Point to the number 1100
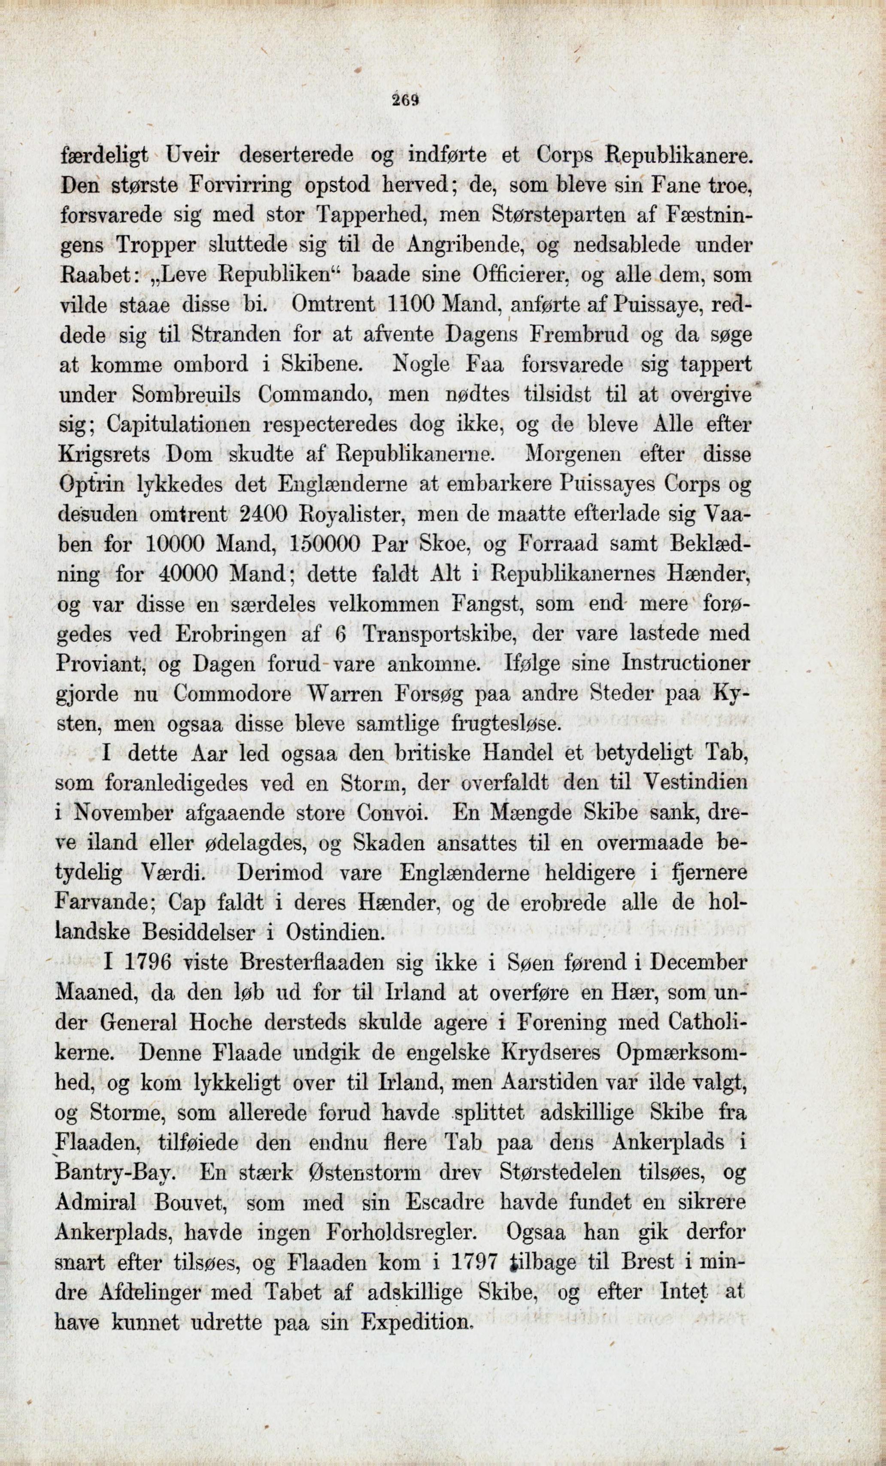[411, 305]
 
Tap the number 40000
[189, 575]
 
